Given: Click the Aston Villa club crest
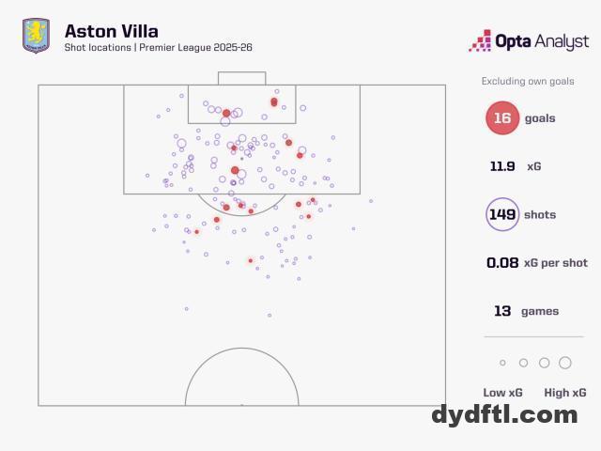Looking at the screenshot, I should click(x=36, y=37).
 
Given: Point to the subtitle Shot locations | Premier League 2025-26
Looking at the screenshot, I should click(x=158, y=48).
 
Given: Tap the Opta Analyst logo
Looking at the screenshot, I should click(x=530, y=40).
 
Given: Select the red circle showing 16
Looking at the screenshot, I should click(x=502, y=118).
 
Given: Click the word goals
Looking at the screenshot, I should click(x=540, y=118).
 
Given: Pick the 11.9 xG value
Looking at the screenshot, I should click(x=502, y=166).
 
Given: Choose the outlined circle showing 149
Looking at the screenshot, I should click(x=502, y=214).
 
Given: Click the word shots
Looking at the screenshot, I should click(x=540, y=214).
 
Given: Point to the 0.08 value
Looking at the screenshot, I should click(x=502, y=263).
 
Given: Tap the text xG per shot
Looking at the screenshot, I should click(x=557, y=263).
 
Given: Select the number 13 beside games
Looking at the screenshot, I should click(x=502, y=311).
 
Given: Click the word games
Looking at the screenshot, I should click(x=540, y=311).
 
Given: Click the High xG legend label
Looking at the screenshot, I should click(x=565, y=393).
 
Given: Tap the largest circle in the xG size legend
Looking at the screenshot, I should click(x=565, y=363).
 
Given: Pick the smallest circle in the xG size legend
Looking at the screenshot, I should click(x=502, y=363).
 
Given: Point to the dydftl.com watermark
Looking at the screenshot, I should click(x=505, y=414).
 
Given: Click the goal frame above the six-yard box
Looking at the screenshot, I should click(x=241, y=78).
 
